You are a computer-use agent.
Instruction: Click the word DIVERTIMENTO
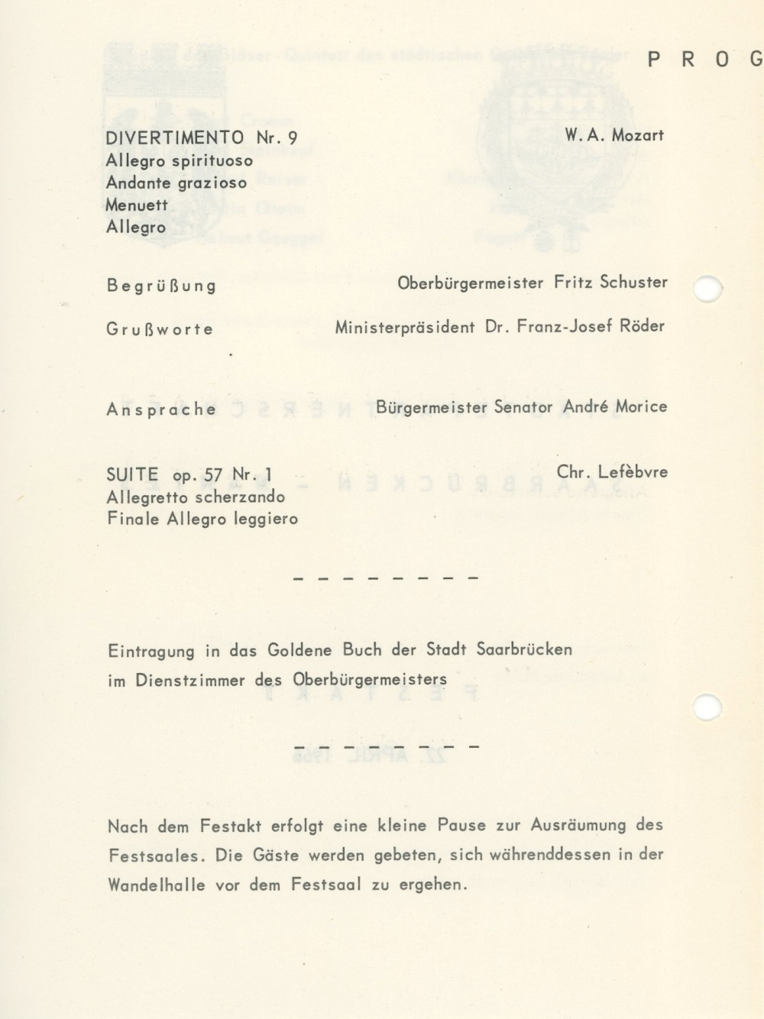(x=175, y=137)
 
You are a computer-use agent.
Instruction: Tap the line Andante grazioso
(x=176, y=183)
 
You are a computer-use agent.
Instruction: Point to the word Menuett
(x=137, y=205)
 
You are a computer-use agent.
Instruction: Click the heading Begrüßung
(x=161, y=286)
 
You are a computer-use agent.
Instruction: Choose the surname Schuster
(x=633, y=282)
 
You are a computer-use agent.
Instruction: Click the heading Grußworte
(x=160, y=330)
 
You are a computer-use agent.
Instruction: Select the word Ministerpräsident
(x=405, y=327)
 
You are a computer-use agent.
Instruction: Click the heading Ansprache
(x=161, y=409)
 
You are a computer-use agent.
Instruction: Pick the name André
(x=585, y=406)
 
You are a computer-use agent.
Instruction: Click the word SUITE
(x=132, y=475)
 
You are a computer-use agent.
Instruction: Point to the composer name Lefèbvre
(x=633, y=472)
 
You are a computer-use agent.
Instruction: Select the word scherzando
(x=228, y=497)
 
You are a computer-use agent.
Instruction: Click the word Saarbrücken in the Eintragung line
(x=524, y=650)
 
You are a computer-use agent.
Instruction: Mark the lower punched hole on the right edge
(x=707, y=707)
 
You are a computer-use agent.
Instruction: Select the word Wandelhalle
(x=157, y=885)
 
